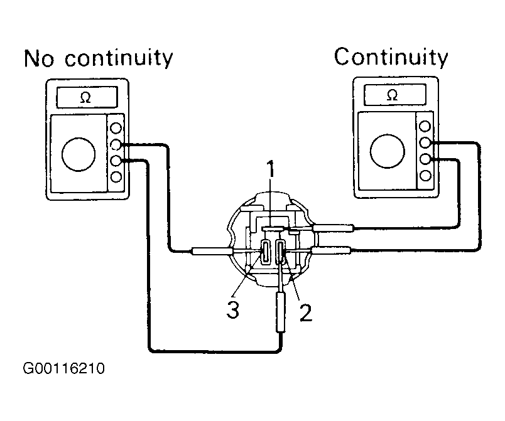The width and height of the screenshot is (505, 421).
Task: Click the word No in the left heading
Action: [x=39, y=58]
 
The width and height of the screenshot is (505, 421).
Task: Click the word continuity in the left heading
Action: [x=119, y=58]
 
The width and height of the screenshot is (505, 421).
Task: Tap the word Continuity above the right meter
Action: [x=391, y=56]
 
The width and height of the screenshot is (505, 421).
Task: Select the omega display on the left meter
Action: [x=87, y=97]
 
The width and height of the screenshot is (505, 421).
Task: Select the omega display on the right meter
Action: [x=395, y=95]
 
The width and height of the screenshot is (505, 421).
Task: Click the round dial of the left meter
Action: [x=79, y=154]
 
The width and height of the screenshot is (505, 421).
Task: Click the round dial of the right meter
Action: [x=388, y=151]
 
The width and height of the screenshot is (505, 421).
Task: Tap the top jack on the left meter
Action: [x=116, y=128]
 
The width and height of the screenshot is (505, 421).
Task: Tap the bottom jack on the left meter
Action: [x=116, y=176]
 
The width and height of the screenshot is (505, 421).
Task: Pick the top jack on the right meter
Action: [x=425, y=126]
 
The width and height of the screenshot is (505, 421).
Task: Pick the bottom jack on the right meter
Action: [x=425, y=175]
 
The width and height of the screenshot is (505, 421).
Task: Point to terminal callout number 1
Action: [x=271, y=169]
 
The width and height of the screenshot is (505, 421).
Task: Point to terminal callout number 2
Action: [x=306, y=312]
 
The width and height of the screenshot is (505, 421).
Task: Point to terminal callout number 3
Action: [x=233, y=310]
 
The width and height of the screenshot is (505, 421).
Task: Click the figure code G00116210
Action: [x=64, y=368]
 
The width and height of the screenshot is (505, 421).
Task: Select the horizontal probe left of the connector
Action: [x=212, y=251]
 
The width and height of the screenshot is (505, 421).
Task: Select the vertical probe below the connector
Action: [x=281, y=312]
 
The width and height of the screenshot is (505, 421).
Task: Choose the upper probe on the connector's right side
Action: [x=334, y=228]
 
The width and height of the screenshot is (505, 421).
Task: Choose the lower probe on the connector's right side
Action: [x=331, y=250]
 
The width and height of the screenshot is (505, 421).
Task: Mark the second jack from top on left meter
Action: [x=116, y=144]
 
